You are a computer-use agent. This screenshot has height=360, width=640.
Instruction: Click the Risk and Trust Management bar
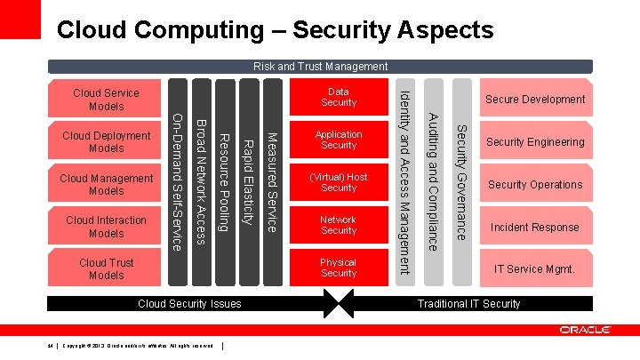(320, 66)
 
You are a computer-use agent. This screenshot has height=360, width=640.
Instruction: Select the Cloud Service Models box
(106, 100)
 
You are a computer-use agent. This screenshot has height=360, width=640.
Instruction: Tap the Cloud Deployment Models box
(106, 142)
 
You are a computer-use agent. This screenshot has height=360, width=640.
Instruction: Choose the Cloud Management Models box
(106, 185)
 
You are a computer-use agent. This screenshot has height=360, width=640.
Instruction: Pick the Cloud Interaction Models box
(106, 227)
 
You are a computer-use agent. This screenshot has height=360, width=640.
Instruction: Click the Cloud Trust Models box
(106, 268)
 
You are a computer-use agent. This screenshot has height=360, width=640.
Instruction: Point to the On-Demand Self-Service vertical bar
(178, 182)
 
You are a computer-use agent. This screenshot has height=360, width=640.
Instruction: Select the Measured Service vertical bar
(274, 182)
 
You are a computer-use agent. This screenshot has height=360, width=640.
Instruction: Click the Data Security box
(339, 97)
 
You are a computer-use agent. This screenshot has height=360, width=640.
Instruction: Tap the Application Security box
(339, 140)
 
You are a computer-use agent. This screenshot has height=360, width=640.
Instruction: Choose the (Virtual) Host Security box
(339, 182)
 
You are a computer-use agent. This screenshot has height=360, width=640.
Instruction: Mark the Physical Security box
(339, 268)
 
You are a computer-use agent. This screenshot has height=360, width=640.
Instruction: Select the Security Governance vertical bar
(461, 182)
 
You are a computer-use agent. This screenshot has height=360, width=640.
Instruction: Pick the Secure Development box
(535, 100)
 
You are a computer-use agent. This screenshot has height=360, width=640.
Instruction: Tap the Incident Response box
(535, 228)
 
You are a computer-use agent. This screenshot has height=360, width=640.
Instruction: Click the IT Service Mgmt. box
(535, 268)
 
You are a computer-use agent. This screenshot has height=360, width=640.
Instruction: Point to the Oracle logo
(585, 330)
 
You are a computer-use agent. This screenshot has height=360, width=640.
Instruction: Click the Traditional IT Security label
(468, 304)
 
